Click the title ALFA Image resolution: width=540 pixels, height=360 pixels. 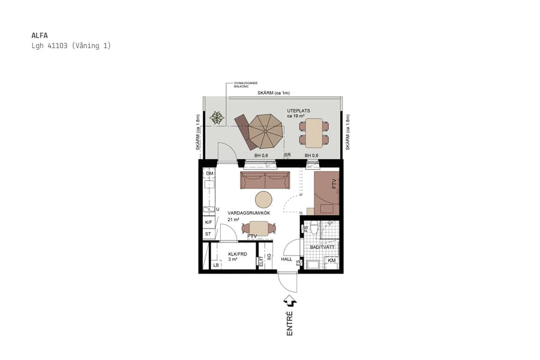click(x=39, y=35)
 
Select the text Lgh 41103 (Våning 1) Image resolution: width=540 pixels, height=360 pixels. click(x=71, y=46)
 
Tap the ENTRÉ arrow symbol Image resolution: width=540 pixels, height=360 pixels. click(x=289, y=301)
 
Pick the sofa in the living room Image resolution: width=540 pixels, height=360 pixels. click(x=265, y=180)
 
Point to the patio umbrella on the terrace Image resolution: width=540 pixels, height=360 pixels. click(x=266, y=131)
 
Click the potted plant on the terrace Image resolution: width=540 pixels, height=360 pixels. click(x=217, y=118)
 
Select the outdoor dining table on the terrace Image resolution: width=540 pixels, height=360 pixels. click(x=314, y=133)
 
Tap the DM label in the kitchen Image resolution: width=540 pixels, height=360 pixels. click(x=209, y=174)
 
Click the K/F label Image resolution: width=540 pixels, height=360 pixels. click(x=209, y=222)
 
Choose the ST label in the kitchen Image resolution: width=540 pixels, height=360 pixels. click(x=208, y=233)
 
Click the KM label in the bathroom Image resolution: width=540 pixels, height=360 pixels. click(x=331, y=260)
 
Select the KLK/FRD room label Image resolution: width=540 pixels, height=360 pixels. click(x=238, y=254)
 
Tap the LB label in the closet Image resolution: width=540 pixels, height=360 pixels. click(x=216, y=265)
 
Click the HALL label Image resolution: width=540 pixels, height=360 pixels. click(x=287, y=259)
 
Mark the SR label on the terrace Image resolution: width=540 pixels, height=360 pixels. click(x=287, y=155)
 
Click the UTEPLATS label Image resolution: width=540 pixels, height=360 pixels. click(x=298, y=111)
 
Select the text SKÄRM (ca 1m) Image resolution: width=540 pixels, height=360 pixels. click(x=274, y=93)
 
